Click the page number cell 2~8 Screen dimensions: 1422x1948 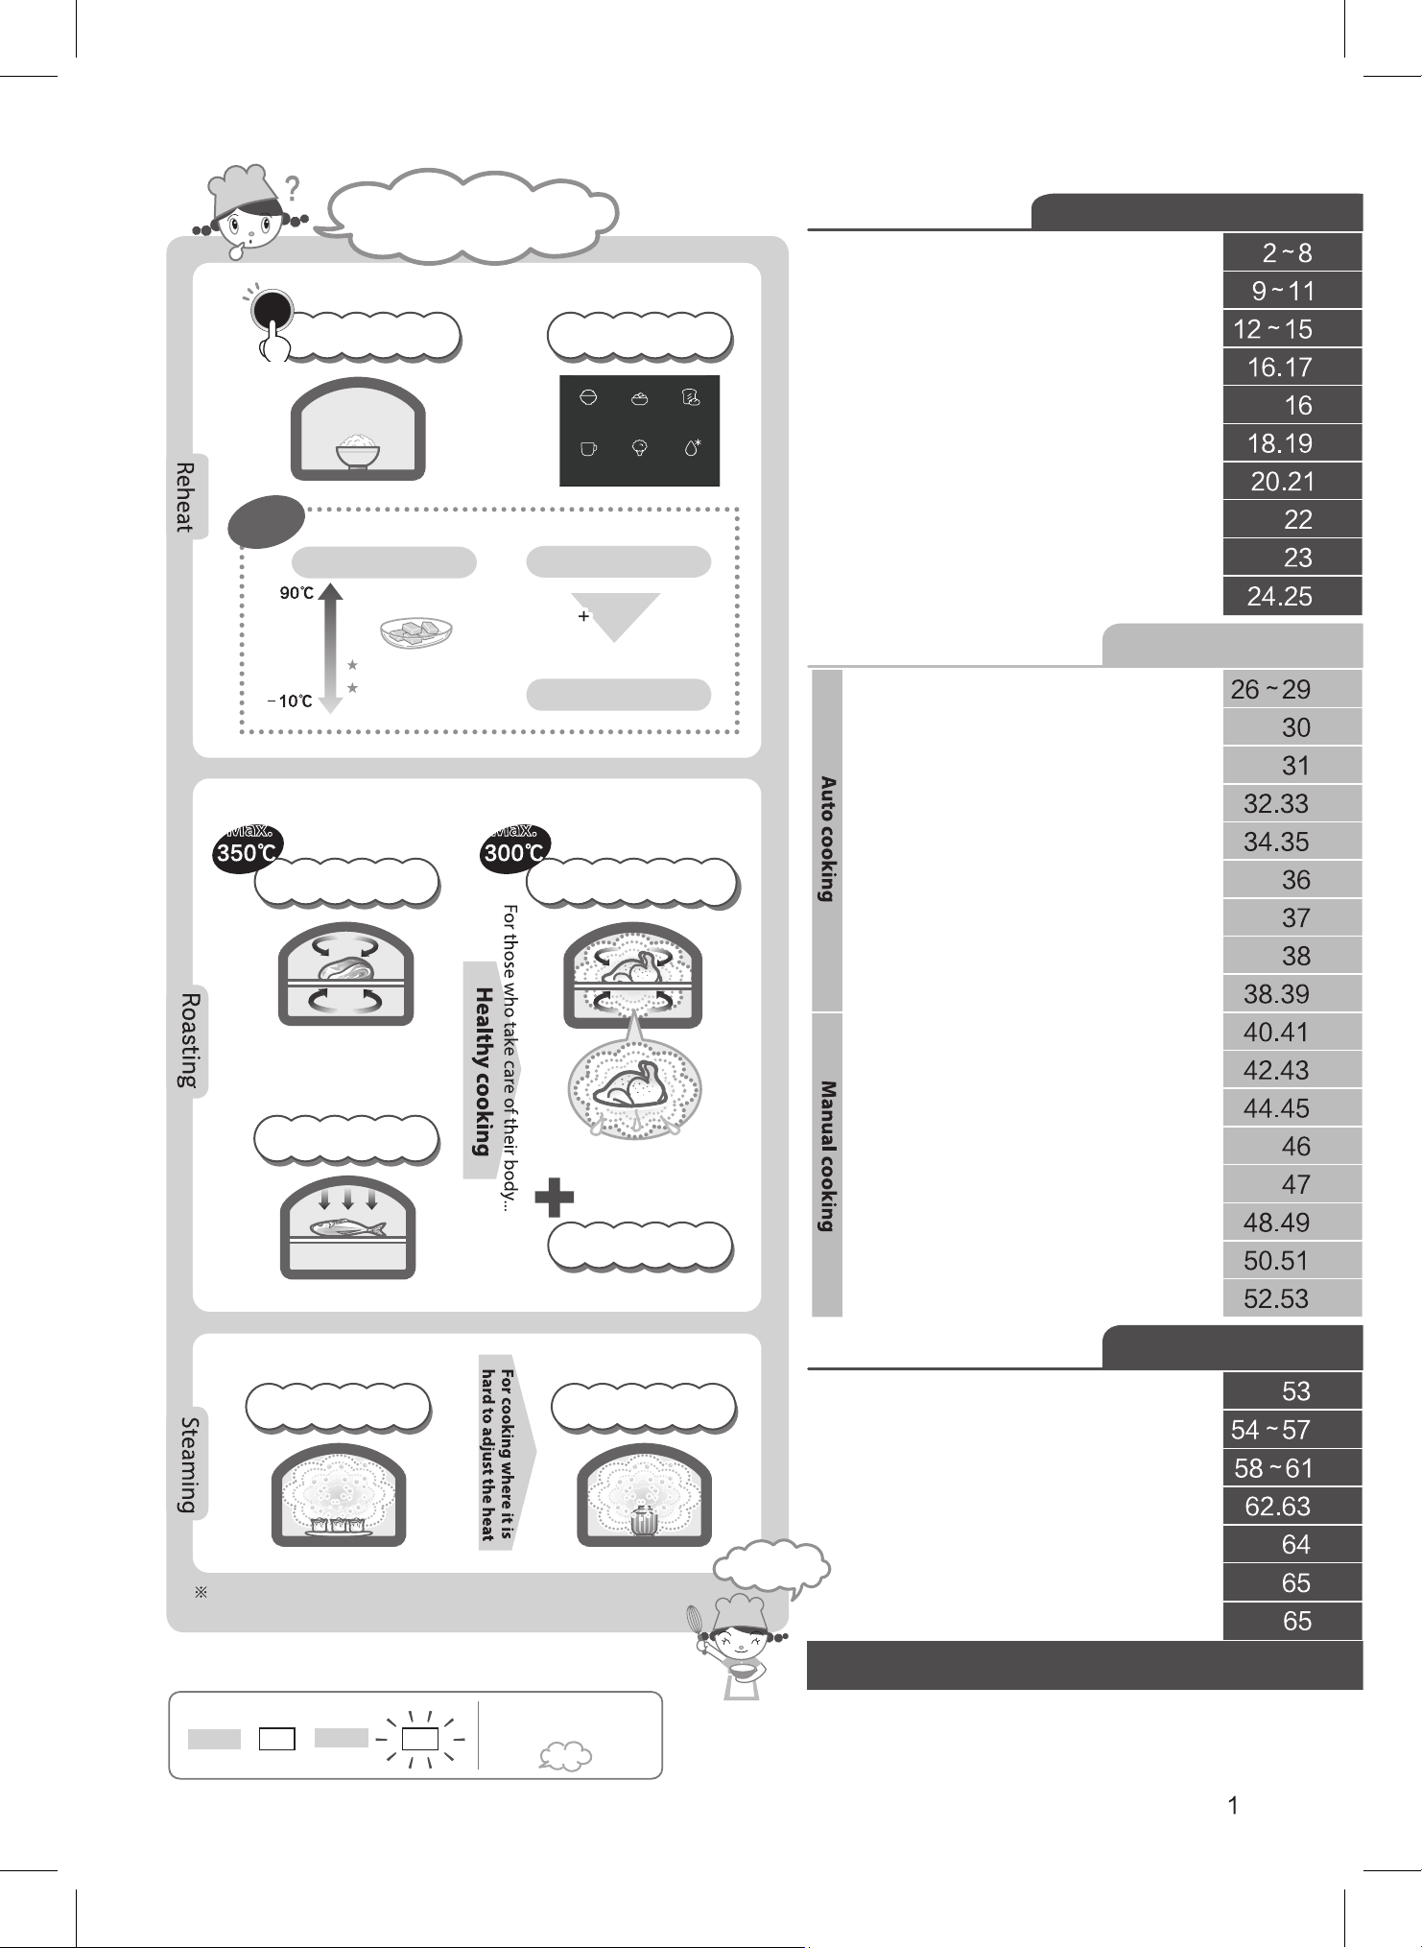(1292, 252)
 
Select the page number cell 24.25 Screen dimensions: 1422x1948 (1292, 596)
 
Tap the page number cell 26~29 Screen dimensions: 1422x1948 (1292, 689)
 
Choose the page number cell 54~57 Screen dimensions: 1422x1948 (1292, 1430)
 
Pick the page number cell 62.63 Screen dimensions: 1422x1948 (1292, 1507)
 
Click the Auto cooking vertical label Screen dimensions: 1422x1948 (827, 840)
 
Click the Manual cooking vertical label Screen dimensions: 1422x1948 (827, 1156)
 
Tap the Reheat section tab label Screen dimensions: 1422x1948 (184, 497)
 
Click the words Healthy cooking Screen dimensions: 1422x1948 (484, 1071)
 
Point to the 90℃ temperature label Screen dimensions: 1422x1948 (296, 593)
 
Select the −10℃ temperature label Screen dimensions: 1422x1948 (290, 701)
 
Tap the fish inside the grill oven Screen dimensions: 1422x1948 (348, 1227)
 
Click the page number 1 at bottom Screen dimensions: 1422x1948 (1233, 1806)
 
